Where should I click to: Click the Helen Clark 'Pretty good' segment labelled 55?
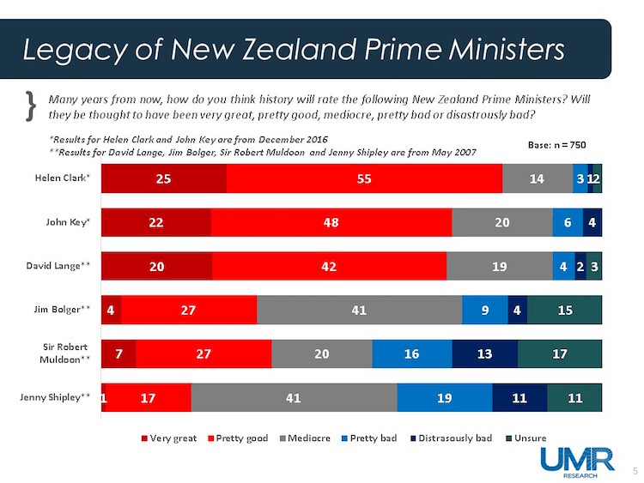pos(364,178)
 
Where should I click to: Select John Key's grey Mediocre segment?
pos(501,222)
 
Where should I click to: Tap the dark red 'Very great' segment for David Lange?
pos(156,266)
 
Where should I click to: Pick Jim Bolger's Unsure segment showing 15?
pos(564,310)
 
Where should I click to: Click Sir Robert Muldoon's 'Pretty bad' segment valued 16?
pos(411,353)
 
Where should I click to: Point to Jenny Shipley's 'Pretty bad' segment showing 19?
pos(444,397)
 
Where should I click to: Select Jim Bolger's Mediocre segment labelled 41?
pos(359,310)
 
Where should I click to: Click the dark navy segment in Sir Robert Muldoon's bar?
pos(484,353)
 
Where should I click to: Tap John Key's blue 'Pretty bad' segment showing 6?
pos(568,222)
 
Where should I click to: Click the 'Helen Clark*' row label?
pos(67,178)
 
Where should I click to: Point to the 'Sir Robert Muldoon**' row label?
pos(65,353)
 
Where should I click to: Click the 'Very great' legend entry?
pos(168,438)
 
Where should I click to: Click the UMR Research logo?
pos(576,461)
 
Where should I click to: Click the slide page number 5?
pos(634,470)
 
